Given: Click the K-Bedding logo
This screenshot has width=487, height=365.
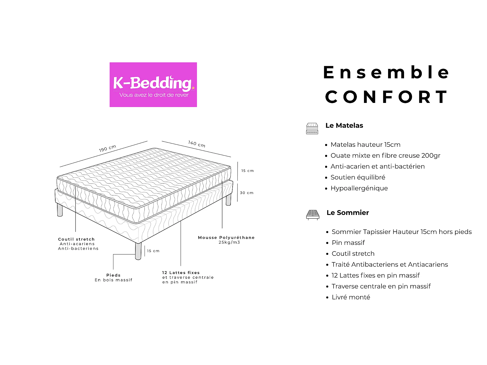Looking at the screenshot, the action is pos(153,85).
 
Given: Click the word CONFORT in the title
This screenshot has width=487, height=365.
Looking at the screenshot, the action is pos(386,97).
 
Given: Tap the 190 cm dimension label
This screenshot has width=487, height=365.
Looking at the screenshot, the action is pos(108,148).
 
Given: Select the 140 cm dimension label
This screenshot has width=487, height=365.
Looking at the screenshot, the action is pos(197,144).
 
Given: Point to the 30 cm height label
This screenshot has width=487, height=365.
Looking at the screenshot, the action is pos(247,193).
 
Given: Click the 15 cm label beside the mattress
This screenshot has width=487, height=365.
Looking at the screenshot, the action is pos(247,171).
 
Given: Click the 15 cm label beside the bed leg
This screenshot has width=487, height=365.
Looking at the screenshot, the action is pos(153,251).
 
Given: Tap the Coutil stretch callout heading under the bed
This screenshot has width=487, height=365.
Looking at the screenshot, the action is pos(76,239).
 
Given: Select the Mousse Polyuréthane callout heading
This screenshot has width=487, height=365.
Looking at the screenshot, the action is pos(226,238).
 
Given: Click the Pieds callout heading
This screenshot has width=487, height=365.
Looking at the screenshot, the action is pos(113,275).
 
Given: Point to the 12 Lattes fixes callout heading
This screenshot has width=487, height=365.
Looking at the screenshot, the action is pos(181,273).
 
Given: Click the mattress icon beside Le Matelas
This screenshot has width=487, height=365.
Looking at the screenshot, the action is pos(312,129).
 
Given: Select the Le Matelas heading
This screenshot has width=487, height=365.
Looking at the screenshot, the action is pos(344,125).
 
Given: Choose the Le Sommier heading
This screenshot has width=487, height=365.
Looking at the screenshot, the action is pos(348,213).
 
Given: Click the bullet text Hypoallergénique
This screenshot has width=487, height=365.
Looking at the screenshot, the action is pos(359,188).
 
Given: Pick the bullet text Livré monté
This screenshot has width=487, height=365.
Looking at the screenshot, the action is pos(351,297).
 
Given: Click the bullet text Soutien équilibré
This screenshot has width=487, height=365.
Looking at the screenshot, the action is pos(358,177).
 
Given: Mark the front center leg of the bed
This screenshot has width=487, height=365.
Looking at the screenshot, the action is pos(138,251).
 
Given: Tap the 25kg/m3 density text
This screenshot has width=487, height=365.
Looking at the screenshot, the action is pos(229,242).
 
